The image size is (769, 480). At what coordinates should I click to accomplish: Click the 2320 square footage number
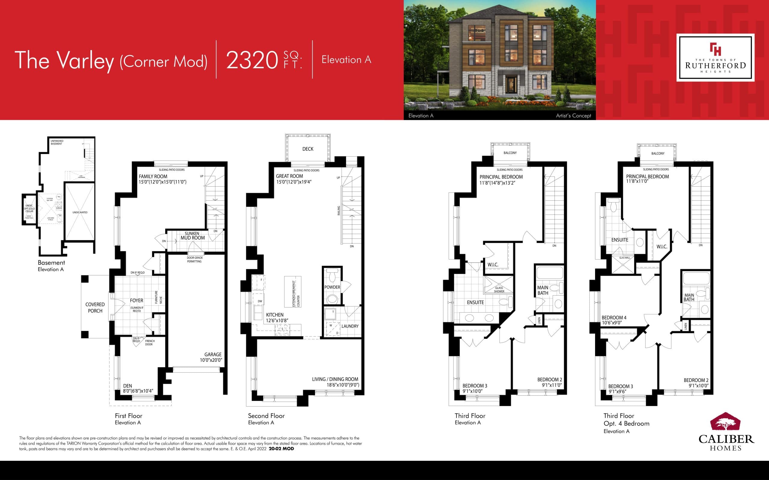tap(252, 60)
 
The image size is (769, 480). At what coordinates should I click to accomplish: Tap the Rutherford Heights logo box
tap(715, 58)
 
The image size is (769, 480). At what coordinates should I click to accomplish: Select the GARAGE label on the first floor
tap(213, 355)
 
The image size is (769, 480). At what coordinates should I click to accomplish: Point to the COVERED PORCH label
tap(95, 307)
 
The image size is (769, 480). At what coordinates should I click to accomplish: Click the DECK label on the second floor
tap(308, 149)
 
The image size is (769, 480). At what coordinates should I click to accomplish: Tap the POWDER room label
tap(332, 287)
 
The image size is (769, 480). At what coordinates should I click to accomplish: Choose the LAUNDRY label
tap(350, 326)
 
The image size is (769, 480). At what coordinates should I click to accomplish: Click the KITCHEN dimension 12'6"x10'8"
tap(277, 321)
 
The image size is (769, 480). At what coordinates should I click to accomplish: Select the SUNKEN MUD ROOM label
tap(193, 235)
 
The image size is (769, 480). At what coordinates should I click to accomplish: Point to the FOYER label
tap(137, 300)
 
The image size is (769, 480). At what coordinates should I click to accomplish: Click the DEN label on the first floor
tap(127, 386)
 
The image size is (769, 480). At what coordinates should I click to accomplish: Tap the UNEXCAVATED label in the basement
tap(80, 212)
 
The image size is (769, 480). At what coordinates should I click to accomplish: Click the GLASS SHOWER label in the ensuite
tap(499, 289)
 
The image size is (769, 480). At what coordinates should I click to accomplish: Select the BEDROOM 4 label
tap(614, 317)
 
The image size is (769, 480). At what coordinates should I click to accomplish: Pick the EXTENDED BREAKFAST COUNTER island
tap(293, 291)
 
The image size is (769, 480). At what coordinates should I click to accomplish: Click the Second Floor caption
tap(266, 415)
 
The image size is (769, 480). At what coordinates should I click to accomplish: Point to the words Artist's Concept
tap(573, 115)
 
